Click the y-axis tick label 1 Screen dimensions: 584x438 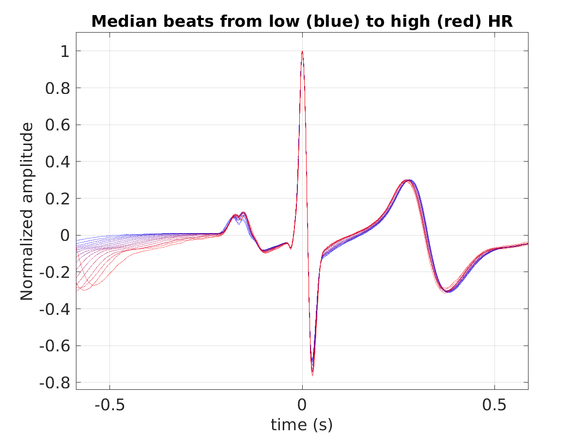coord(65,51)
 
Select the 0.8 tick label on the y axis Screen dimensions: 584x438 coord(57,88)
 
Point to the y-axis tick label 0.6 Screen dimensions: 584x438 coord(57,125)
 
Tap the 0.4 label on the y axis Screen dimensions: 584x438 coord(57,162)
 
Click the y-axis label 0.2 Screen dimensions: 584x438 coord(57,199)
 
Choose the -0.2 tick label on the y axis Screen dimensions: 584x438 coord(55,272)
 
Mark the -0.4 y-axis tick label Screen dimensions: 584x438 coord(55,309)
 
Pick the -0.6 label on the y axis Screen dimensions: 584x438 coord(55,346)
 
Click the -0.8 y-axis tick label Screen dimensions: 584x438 coord(55,383)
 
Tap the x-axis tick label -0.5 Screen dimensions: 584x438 coord(109,405)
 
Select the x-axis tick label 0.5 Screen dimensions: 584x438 coord(494,405)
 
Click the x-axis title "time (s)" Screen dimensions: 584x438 coord(302,425)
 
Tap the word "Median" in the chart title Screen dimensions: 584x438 coord(124,21)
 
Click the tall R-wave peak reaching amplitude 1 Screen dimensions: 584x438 coord(302,52)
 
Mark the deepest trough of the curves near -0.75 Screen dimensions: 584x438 coord(312,374)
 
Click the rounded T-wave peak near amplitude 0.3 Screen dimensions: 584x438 coord(407,181)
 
